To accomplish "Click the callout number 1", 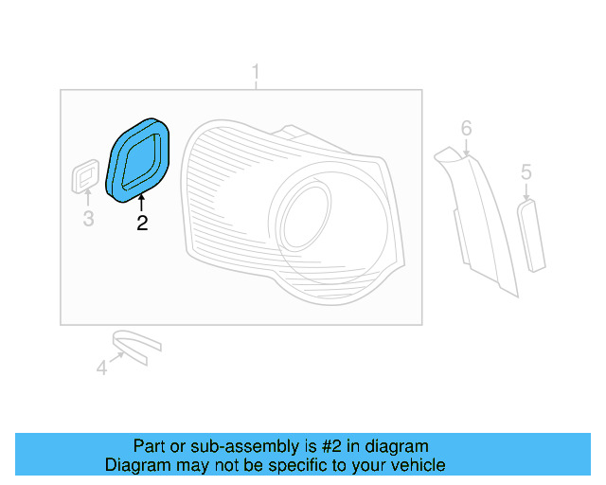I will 255,72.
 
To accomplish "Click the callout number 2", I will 142,224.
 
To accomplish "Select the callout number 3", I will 87,221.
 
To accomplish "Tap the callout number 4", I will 101,368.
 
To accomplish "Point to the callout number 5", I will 526,172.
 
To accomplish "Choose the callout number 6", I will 466,128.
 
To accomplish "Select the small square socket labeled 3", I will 86,177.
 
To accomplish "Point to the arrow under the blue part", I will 141,204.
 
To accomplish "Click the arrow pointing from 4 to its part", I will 118,357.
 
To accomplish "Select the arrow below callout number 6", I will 466,147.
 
